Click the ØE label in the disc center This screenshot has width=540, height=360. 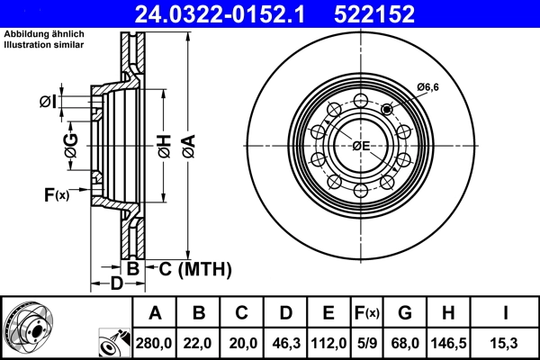[360, 146]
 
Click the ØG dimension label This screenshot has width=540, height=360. [71, 143]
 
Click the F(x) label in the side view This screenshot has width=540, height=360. [55, 194]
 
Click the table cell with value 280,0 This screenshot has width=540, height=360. [155, 342]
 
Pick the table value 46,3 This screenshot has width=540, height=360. [285, 342]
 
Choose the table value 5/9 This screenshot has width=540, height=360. [365, 342]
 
